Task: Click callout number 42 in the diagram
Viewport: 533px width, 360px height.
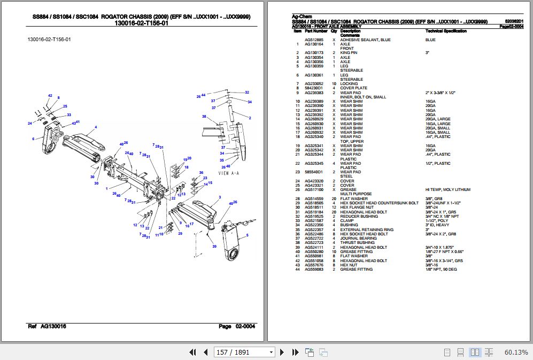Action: (50, 96)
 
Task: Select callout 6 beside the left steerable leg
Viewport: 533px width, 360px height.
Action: (33, 139)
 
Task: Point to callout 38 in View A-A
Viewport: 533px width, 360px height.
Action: (204, 116)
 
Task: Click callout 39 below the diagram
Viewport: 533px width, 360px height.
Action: (214, 247)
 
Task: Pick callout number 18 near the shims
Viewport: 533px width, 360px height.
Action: (186, 167)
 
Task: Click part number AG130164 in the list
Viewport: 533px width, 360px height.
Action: (314, 44)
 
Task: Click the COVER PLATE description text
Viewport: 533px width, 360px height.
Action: (353, 88)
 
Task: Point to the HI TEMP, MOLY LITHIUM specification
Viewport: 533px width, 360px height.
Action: (447, 190)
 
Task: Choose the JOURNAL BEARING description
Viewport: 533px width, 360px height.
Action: (358, 239)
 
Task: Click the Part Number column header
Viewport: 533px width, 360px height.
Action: (316, 31)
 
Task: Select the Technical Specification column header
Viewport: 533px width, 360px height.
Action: (446, 31)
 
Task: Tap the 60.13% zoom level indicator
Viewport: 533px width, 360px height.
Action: (516, 352)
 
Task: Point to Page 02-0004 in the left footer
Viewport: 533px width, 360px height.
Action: (236, 326)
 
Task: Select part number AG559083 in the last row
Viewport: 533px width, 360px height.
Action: (314, 270)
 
